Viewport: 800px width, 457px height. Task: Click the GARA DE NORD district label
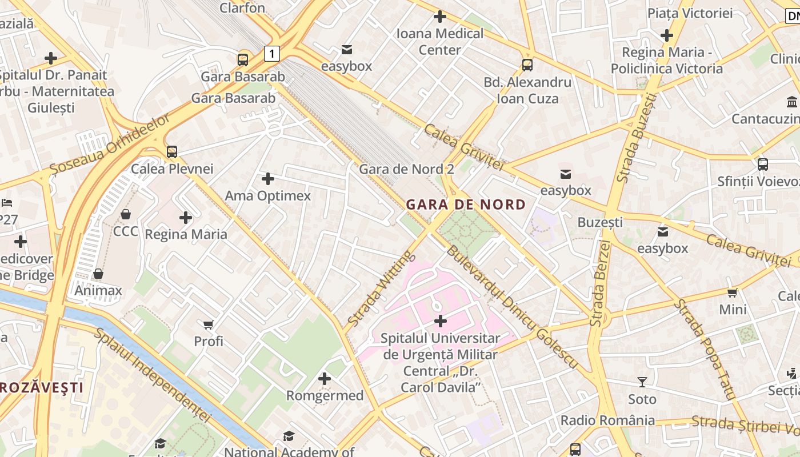[466, 205]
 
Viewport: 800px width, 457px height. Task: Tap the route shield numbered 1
[272, 54]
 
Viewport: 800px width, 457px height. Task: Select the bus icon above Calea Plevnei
[172, 152]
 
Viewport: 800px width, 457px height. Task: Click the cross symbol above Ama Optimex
[267, 179]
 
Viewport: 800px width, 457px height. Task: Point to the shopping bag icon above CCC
[126, 214]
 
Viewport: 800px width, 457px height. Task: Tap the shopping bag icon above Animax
[98, 274]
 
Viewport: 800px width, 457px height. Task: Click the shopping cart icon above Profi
[209, 324]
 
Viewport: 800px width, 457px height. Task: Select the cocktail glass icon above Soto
[642, 382]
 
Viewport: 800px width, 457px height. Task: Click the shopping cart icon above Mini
[733, 292]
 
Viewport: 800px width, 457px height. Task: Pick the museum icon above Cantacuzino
[792, 102]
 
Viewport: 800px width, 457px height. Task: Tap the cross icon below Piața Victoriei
[666, 35]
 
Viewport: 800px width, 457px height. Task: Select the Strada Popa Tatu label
[703, 348]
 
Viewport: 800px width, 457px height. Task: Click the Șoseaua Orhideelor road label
[110, 145]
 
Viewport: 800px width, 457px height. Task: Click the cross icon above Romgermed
[325, 378]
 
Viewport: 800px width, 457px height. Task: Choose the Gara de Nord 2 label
[406, 169]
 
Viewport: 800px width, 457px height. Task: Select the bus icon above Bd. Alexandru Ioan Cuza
[527, 65]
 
